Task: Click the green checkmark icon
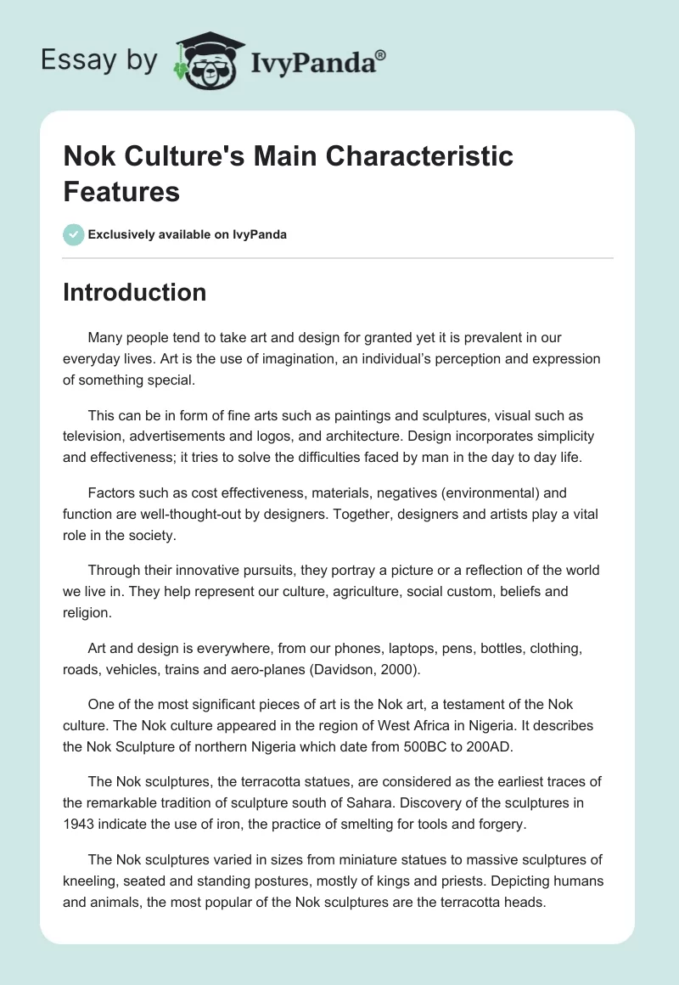pos(74,234)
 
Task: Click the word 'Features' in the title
pos(121,192)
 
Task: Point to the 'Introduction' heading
pos(135,292)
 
